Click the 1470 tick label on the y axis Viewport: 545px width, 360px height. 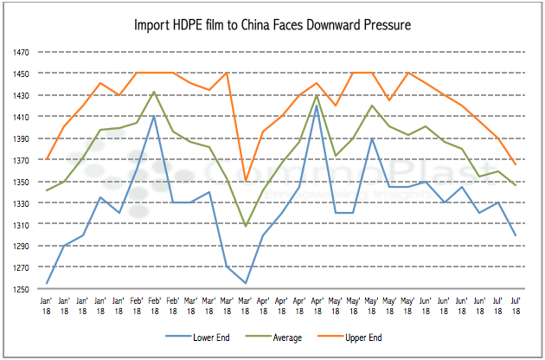pyautogui.click(x=20, y=52)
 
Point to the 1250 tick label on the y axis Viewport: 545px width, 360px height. pyautogui.click(x=20, y=289)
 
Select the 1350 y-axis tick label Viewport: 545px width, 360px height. pyautogui.click(x=20, y=182)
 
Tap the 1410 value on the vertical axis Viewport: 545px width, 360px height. pyautogui.click(x=20, y=117)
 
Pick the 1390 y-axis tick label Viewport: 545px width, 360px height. pyautogui.click(x=20, y=138)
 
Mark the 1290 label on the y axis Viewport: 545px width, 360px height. pyautogui.click(x=20, y=247)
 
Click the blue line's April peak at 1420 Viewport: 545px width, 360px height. pyautogui.click(x=317, y=106)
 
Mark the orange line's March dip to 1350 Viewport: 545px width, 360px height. pyautogui.click(x=245, y=181)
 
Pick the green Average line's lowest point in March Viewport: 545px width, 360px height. pyautogui.click(x=245, y=226)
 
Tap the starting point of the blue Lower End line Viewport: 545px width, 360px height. pyautogui.click(x=47, y=283)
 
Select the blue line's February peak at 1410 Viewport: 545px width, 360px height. pyautogui.click(x=154, y=116)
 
